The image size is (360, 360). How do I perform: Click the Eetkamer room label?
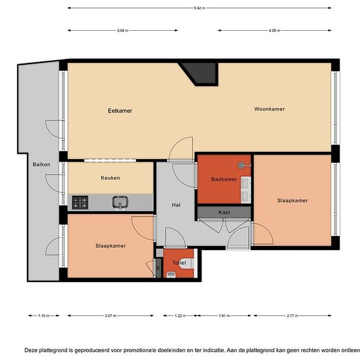(120, 111)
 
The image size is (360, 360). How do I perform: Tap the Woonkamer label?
(269, 109)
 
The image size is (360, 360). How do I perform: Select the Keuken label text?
(110, 178)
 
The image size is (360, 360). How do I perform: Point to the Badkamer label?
(224, 179)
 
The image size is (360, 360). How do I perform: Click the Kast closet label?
(224, 213)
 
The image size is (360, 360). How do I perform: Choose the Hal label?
(176, 204)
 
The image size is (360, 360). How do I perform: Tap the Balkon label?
(42, 164)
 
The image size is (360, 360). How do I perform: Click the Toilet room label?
(179, 262)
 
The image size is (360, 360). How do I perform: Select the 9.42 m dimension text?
(200, 8)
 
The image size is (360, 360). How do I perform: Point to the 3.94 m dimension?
(122, 31)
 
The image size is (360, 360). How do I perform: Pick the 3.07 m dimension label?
(110, 315)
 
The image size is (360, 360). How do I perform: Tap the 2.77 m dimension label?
(293, 315)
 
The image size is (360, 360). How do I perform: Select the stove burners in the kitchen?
(81, 203)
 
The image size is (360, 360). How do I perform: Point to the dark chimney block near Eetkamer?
(200, 71)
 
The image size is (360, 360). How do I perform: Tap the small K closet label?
(158, 268)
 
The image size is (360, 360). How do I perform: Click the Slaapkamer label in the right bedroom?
(292, 200)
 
